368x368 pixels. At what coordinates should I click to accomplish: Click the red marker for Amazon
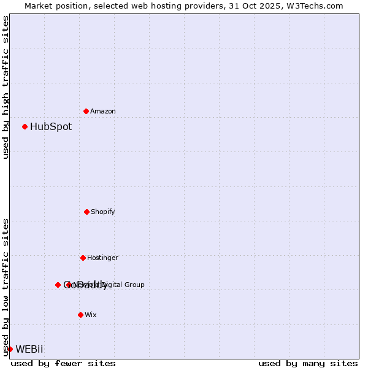click(86, 111)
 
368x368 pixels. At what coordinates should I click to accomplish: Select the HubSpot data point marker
click(25, 126)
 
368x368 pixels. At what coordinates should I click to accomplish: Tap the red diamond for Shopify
click(86, 212)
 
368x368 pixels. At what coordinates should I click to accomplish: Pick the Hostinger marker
click(83, 258)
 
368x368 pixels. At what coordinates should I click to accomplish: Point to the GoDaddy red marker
click(58, 285)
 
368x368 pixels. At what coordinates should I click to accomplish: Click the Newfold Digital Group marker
click(69, 285)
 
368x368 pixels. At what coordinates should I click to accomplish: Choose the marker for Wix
click(80, 315)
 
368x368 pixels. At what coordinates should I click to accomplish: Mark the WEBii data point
click(10, 349)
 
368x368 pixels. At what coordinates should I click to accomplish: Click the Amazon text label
click(103, 111)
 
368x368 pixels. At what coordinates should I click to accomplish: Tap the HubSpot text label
click(51, 127)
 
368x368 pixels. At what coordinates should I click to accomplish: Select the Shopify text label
click(103, 212)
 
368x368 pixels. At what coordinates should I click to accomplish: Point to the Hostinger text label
click(102, 258)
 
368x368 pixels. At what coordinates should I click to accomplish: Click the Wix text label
click(91, 315)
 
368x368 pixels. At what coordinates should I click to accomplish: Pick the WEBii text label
click(29, 350)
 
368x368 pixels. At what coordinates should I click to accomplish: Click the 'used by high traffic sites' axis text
click(6, 87)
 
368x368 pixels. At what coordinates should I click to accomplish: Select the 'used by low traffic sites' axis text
click(6, 286)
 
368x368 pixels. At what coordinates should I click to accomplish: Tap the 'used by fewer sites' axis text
click(63, 363)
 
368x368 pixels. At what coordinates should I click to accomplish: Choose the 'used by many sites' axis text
click(308, 363)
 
